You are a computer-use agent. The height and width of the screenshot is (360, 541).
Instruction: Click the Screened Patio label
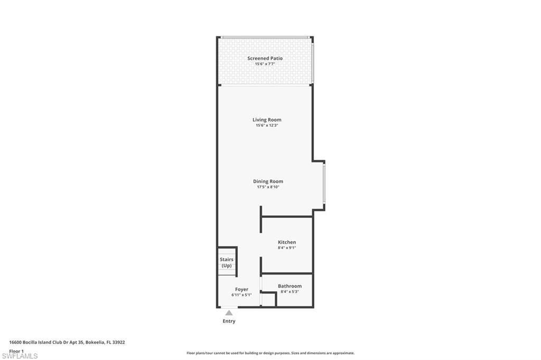[x=265, y=58]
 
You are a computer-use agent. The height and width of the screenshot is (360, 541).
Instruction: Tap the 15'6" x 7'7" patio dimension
[x=265, y=64]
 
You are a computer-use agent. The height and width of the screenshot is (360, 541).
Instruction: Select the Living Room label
[x=267, y=120]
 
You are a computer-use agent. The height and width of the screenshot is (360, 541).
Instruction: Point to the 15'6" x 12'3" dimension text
[x=267, y=126]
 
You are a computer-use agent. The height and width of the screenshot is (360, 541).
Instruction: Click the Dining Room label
[x=268, y=181]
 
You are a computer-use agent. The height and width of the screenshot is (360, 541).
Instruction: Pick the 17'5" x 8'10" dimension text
[x=268, y=187]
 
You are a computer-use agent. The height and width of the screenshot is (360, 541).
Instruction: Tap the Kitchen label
[x=287, y=242]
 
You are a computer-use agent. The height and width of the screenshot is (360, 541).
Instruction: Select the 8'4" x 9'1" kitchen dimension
[x=287, y=248]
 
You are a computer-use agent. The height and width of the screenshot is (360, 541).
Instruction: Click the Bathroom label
[x=290, y=286]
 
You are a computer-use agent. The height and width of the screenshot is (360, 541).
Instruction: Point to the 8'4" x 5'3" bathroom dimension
[x=290, y=291]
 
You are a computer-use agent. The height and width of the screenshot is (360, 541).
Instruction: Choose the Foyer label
[x=241, y=289]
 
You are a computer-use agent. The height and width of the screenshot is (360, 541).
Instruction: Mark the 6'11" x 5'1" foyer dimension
[x=241, y=295]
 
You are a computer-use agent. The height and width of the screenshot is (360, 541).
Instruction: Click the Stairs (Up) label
[x=227, y=262]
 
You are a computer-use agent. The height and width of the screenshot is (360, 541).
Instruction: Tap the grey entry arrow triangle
[x=229, y=313]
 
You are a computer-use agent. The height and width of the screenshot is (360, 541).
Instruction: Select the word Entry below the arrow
[x=229, y=321]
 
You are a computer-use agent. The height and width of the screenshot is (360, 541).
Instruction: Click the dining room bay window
[x=324, y=183]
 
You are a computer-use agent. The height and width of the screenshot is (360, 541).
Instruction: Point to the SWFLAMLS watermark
[x=20, y=356]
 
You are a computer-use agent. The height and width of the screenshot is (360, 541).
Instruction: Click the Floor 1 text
[x=16, y=350]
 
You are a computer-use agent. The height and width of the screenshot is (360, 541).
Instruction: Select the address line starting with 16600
[x=67, y=342]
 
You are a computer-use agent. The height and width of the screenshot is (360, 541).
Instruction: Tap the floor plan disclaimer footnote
[x=270, y=353]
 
